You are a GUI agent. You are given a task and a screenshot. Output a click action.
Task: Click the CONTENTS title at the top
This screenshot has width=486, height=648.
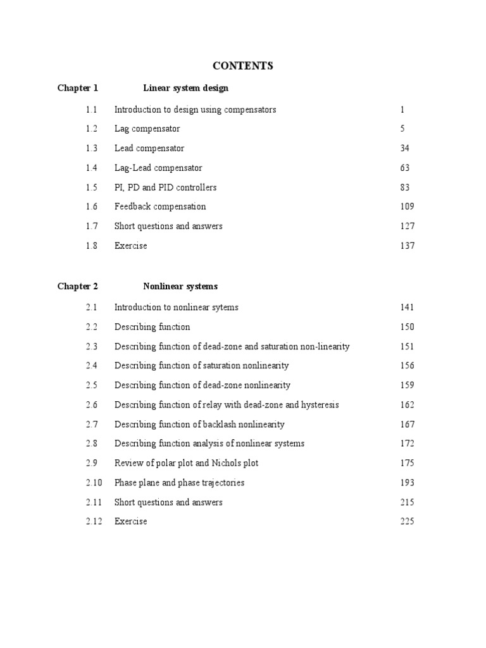pos(243,66)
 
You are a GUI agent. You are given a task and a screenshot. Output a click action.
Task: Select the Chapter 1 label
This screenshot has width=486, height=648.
pos(78,88)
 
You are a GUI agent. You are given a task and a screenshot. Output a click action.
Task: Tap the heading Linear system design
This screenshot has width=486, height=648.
pos(185,88)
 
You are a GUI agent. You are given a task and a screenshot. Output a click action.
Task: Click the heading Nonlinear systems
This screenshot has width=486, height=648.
pos(180,286)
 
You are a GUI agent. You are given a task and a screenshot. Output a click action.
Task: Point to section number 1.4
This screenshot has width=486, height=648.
pos(92,168)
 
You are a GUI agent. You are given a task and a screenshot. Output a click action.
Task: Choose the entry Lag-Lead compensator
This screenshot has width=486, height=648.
pos(158,168)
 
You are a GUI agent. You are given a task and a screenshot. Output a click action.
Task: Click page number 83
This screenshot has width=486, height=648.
pos(405,187)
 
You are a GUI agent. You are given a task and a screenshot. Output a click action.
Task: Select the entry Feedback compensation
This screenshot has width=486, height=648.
pos(160,206)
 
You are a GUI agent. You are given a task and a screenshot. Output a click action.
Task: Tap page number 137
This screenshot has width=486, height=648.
pos(408,246)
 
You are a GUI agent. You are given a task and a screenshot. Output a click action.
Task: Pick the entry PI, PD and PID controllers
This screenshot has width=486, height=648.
pos(165,187)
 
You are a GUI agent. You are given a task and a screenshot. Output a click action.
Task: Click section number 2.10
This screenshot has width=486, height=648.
pos(94,482)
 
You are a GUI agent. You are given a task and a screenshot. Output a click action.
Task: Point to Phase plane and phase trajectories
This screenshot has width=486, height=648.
pos(179,482)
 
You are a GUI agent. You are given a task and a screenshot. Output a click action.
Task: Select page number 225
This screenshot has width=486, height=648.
pos(408,521)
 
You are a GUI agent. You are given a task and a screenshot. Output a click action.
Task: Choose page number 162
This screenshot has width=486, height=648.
pos(408,404)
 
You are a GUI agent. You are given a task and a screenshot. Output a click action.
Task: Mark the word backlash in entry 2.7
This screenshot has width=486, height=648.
pos(218,424)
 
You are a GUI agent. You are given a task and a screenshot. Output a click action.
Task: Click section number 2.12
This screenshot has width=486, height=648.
pos(94,521)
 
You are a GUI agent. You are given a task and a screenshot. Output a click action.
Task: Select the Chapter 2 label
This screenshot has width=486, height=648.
pos(78,286)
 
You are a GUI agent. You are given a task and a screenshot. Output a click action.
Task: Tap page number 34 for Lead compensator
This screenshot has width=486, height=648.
pos(405,148)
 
